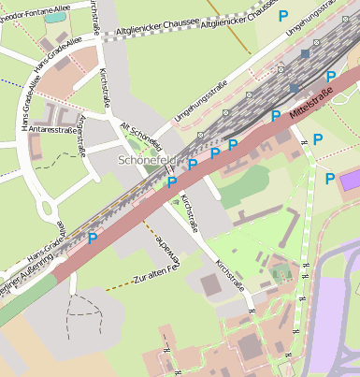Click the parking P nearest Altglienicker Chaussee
pos(283,16)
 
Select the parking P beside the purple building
pos(329,179)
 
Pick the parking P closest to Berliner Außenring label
pos(93,239)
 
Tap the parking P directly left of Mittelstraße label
pos(275,116)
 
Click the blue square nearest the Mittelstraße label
pos(295,88)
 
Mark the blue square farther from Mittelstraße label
pos(305,55)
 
